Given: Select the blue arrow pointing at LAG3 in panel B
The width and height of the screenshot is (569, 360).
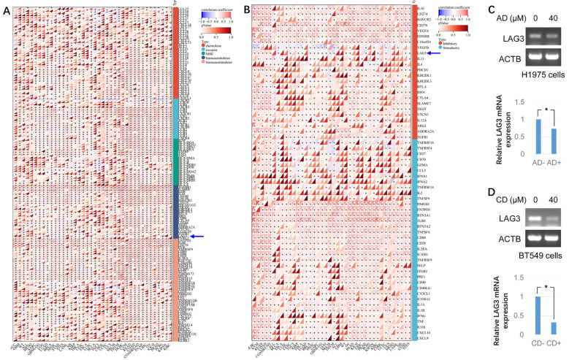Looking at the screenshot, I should tap(436, 53).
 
